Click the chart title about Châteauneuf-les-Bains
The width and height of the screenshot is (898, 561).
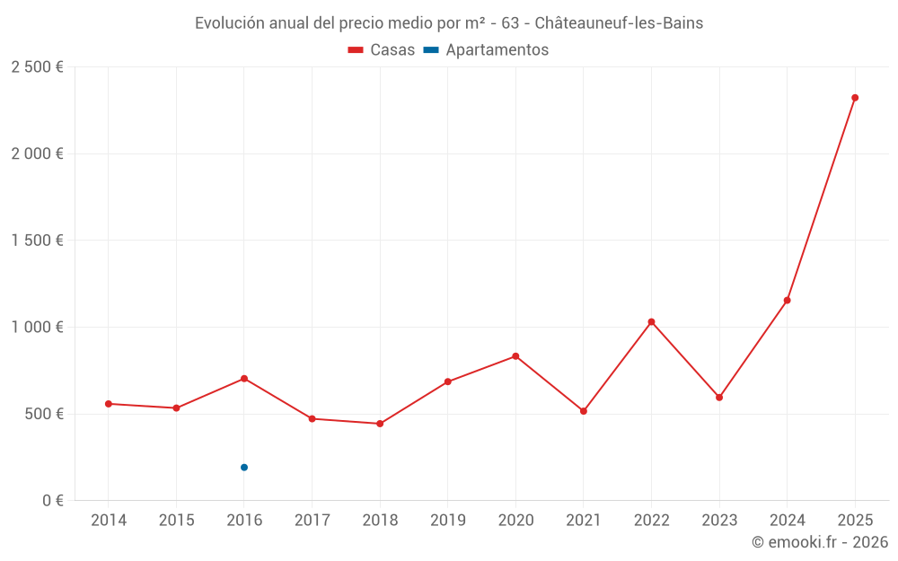click(x=449, y=23)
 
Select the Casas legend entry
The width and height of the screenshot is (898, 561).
click(x=382, y=50)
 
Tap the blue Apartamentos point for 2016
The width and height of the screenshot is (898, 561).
click(x=244, y=468)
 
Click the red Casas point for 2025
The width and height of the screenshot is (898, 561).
click(x=855, y=98)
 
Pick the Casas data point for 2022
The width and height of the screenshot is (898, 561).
click(x=651, y=321)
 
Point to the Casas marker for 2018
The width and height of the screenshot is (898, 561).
click(x=380, y=424)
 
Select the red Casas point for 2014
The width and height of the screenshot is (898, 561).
click(x=109, y=404)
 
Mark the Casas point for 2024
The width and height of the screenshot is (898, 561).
click(x=787, y=300)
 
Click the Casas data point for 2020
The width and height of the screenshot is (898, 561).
click(x=515, y=356)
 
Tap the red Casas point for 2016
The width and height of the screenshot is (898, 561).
click(x=244, y=379)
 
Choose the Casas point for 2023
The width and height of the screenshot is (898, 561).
click(x=719, y=398)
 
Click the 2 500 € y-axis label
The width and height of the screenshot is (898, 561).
click(x=37, y=67)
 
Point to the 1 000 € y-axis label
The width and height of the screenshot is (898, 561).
click(x=37, y=328)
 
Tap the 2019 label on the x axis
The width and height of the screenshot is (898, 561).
click(x=448, y=521)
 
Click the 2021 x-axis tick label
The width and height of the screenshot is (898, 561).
click(x=584, y=521)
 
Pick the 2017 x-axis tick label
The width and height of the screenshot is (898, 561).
click(x=312, y=521)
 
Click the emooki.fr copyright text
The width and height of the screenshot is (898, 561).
click(x=819, y=542)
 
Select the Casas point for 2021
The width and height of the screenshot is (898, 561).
click(x=584, y=411)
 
